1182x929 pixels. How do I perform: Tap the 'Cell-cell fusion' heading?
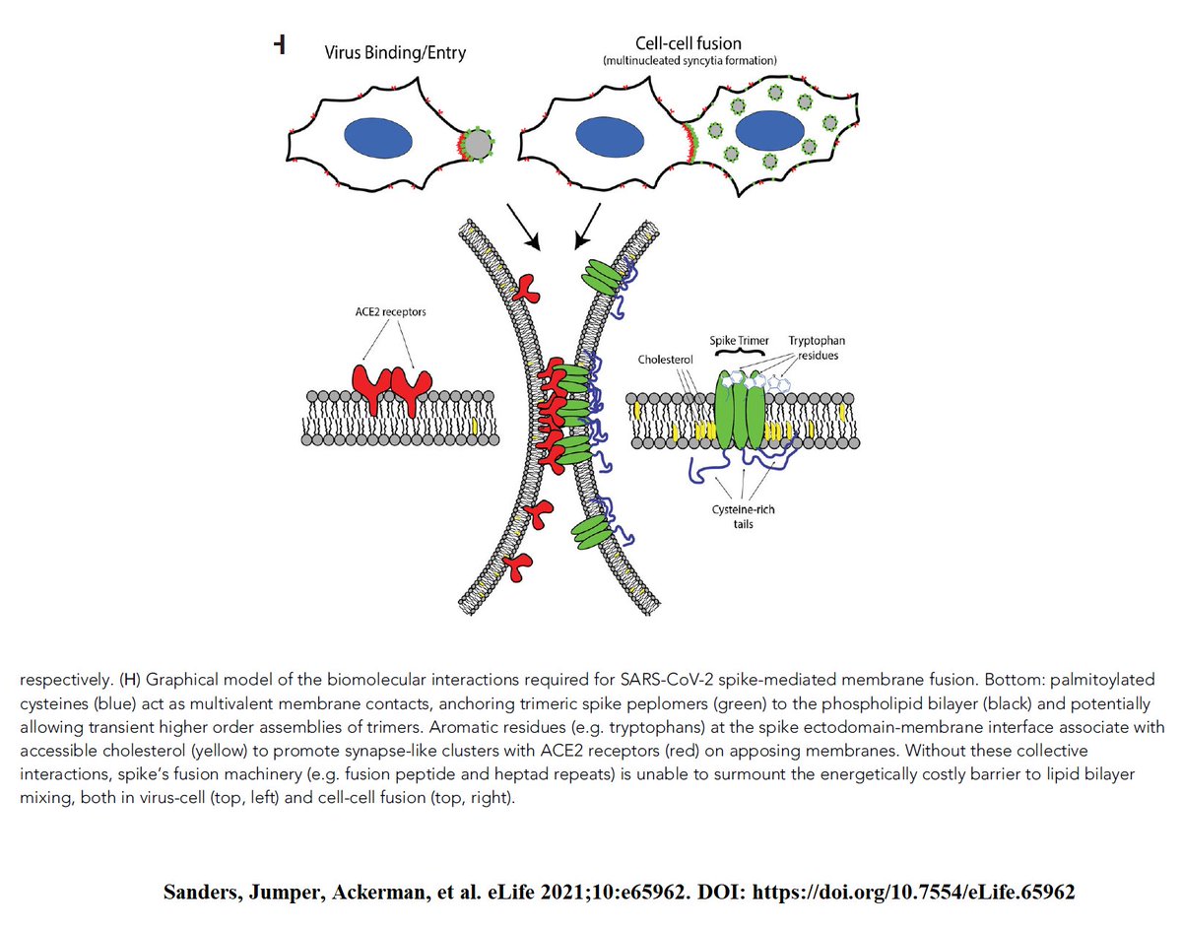687,44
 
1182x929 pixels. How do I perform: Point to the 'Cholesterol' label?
667,362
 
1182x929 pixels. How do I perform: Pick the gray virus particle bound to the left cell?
478,145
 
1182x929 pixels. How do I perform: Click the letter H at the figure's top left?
280,44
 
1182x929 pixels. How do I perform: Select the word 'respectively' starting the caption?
63,681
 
